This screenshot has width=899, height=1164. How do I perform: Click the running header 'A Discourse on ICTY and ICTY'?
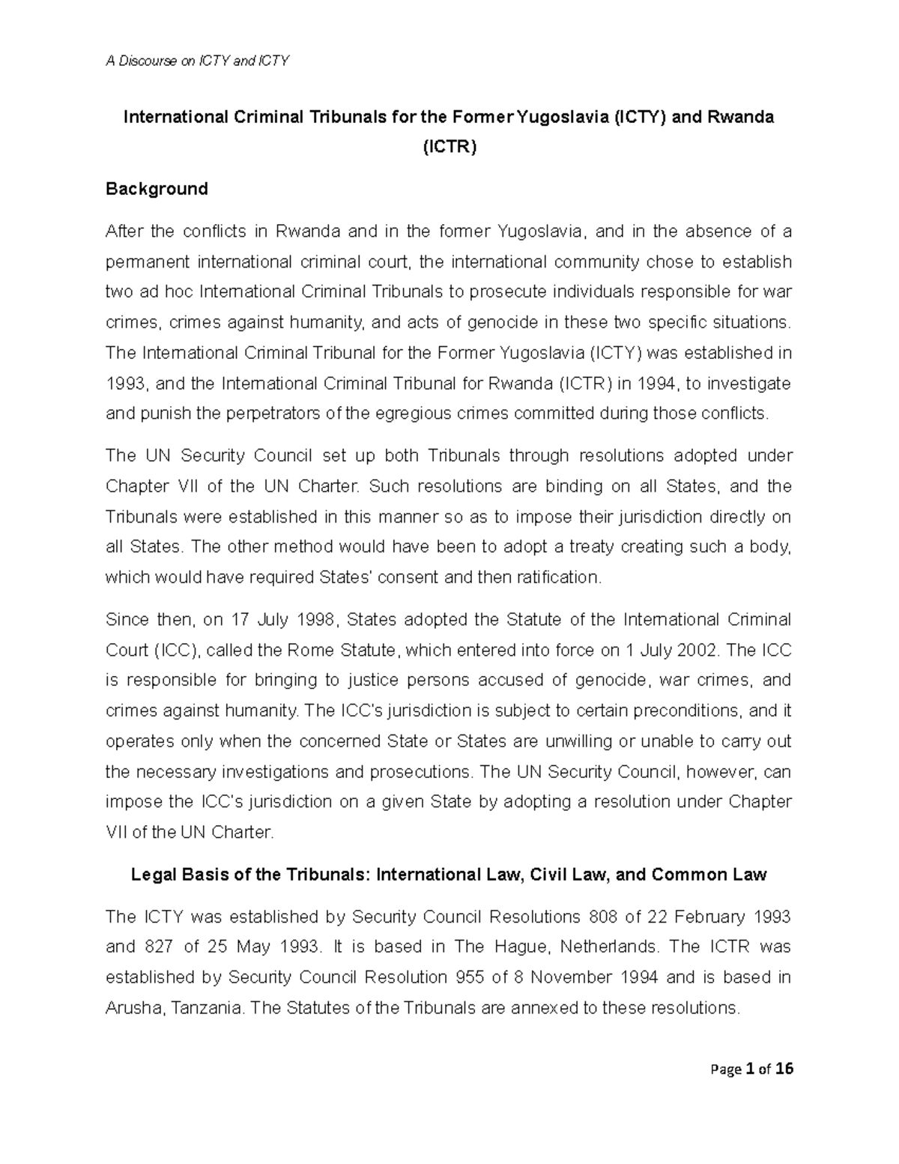tap(196, 61)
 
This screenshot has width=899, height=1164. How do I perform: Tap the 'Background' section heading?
tap(157, 189)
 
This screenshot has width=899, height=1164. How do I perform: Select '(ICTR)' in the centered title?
tap(449, 147)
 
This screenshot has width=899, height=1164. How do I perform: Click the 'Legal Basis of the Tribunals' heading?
tap(449, 875)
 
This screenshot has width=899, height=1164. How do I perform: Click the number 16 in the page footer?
tap(784, 1070)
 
